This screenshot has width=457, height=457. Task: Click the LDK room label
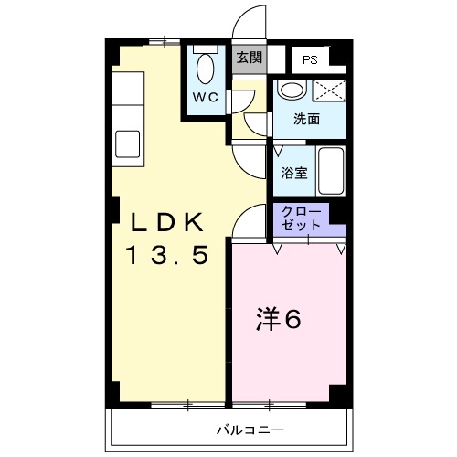(170, 223)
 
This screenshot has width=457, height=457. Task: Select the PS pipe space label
(310, 60)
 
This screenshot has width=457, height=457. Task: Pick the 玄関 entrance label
(248, 58)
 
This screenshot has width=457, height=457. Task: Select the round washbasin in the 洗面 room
(292, 90)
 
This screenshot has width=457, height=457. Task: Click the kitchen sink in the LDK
(128, 144)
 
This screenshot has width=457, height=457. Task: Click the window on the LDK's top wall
(165, 41)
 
